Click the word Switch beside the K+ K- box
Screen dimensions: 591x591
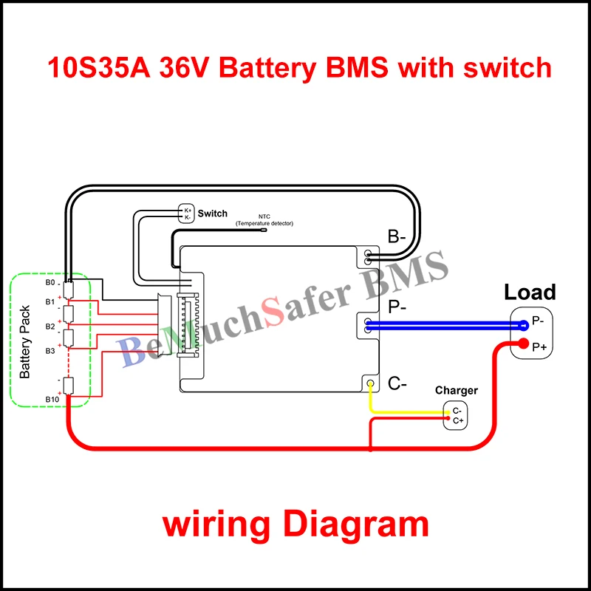pos(213,213)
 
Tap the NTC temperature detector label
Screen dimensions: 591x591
pos(264,220)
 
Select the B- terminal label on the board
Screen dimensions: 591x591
pos(397,237)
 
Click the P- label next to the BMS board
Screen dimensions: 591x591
pos(397,307)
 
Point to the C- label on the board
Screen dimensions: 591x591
pos(397,383)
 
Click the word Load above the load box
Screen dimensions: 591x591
pos(530,292)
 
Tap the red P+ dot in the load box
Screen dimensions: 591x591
pos(524,344)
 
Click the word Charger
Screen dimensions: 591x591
pos(456,390)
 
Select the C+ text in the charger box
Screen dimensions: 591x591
pos(458,420)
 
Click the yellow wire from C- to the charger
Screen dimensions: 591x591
pos(406,411)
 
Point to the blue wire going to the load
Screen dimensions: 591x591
pos(443,325)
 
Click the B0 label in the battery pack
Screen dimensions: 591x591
pos(50,283)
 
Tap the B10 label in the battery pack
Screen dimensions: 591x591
pos(52,400)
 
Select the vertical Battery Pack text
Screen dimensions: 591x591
pos(25,341)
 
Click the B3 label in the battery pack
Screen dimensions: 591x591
pos(50,351)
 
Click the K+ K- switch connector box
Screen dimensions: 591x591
pos(188,213)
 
